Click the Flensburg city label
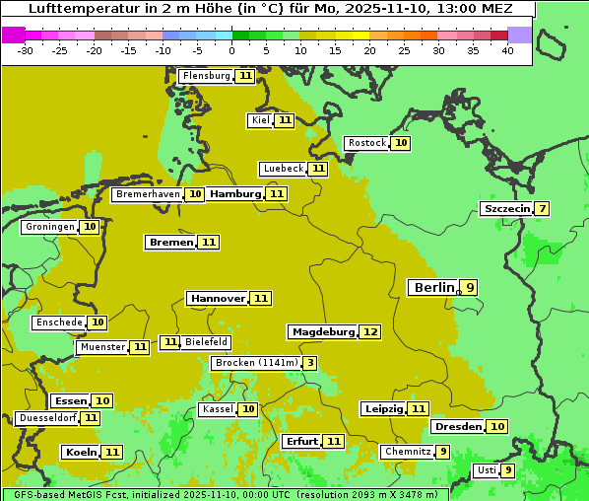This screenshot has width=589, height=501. point(206,76)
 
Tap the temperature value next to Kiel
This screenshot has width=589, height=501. point(285,120)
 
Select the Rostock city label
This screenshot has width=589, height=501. point(366,143)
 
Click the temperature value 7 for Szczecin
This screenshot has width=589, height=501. point(541,208)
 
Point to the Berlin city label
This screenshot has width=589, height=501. point(433,288)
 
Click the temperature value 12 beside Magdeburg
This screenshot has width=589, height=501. point(369,332)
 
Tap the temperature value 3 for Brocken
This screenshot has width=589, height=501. point(310,363)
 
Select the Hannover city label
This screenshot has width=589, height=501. point(218,298)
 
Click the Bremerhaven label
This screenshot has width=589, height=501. point(148,194)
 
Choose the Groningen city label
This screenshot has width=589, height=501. point(49,227)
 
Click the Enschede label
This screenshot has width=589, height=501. point(58,322)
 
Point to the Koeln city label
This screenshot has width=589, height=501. point(80,452)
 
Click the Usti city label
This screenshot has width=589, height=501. point(486,470)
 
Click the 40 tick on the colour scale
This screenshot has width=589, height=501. point(507,50)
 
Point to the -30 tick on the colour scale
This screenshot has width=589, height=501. point(26,50)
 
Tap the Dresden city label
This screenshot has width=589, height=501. point(458,426)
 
